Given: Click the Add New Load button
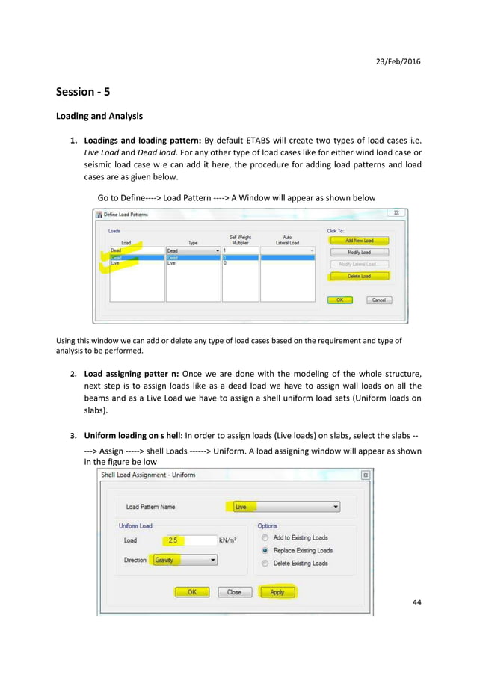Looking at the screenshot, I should click(x=359, y=241).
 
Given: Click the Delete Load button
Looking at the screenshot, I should click(x=359, y=276).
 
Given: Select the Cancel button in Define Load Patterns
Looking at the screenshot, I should click(x=379, y=300).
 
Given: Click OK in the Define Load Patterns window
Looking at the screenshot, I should click(x=339, y=300).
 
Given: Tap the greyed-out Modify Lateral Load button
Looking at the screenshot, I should click(x=359, y=264).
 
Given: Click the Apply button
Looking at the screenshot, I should click(x=277, y=591).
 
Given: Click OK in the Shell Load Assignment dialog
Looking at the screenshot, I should click(x=192, y=591).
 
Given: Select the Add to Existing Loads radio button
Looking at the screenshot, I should click(x=265, y=537).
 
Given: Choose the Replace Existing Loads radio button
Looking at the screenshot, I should click(x=265, y=550).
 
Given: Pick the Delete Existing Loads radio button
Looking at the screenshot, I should click(x=265, y=563).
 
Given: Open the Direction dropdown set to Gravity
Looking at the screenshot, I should click(x=184, y=560).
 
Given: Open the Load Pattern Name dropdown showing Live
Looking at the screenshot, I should click(x=285, y=507).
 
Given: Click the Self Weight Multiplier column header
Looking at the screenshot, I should click(x=240, y=240).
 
